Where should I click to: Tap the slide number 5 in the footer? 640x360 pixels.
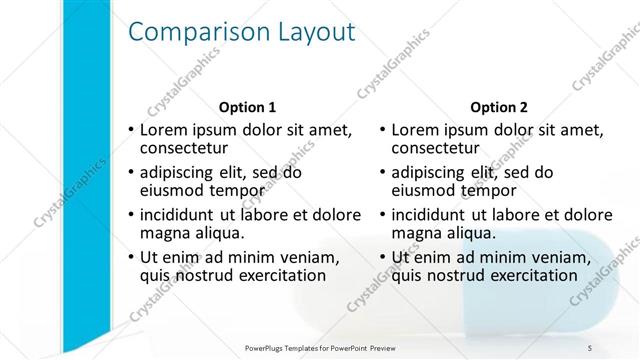pyautogui.click(x=590, y=348)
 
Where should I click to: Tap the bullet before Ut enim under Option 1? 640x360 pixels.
pyautogui.click(x=131, y=258)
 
